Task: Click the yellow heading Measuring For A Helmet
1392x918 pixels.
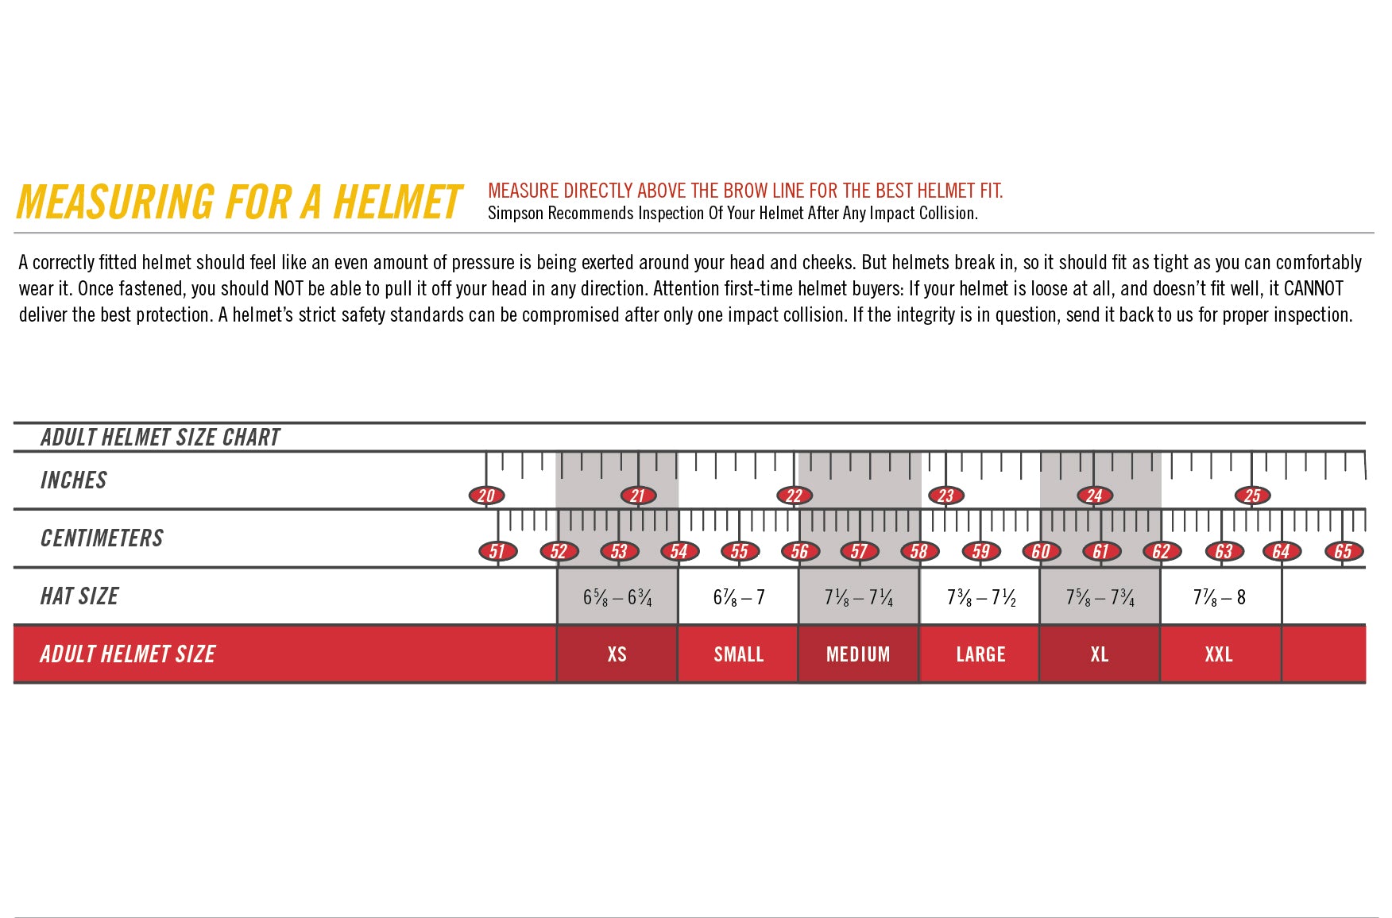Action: tap(238, 202)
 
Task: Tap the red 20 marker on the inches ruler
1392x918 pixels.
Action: tap(486, 496)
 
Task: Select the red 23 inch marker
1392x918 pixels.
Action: tap(945, 496)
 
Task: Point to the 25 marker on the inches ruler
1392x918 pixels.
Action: tap(1252, 496)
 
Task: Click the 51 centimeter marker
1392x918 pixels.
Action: tap(497, 551)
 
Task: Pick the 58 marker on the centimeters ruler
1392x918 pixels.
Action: tap(919, 551)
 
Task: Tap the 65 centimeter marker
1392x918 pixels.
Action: tap(1343, 551)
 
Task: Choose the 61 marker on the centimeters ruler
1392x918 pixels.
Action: tap(1100, 551)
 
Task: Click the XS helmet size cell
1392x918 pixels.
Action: tap(617, 654)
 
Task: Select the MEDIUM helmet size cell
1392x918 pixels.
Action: tap(858, 654)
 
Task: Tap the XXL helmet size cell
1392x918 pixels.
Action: tap(1219, 654)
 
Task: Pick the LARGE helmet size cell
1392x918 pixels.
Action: tap(980, 654)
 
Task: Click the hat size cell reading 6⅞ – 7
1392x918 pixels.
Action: tap(738, 597)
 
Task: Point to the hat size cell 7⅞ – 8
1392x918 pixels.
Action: tap(1219, 597)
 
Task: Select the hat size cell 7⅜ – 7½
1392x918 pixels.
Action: tap(980, 597)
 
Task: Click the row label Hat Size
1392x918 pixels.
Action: tap(79, 596)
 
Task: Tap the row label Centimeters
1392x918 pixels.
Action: tap(102, 538)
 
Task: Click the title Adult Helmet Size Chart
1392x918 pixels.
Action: tap(160, 438)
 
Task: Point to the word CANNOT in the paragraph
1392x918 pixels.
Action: tap(1313, 288)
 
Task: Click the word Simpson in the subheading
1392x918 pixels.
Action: tap(516, 214)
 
